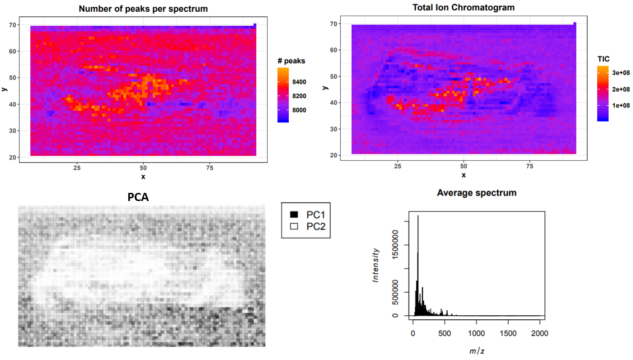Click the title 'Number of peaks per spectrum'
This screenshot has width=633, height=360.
[x=143, y=9]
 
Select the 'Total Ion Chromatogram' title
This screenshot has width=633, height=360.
[x=464, y=8]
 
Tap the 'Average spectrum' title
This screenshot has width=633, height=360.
[x=476, y=193]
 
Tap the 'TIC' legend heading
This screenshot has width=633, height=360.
[x=604, y=59]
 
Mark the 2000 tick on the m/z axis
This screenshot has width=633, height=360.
[x=540, y=334]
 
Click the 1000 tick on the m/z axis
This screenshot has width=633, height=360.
[x=477, y=334]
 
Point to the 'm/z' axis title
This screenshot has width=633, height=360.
[x=476, y=351]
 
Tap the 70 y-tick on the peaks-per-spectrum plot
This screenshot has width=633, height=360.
[x=14, y=25]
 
